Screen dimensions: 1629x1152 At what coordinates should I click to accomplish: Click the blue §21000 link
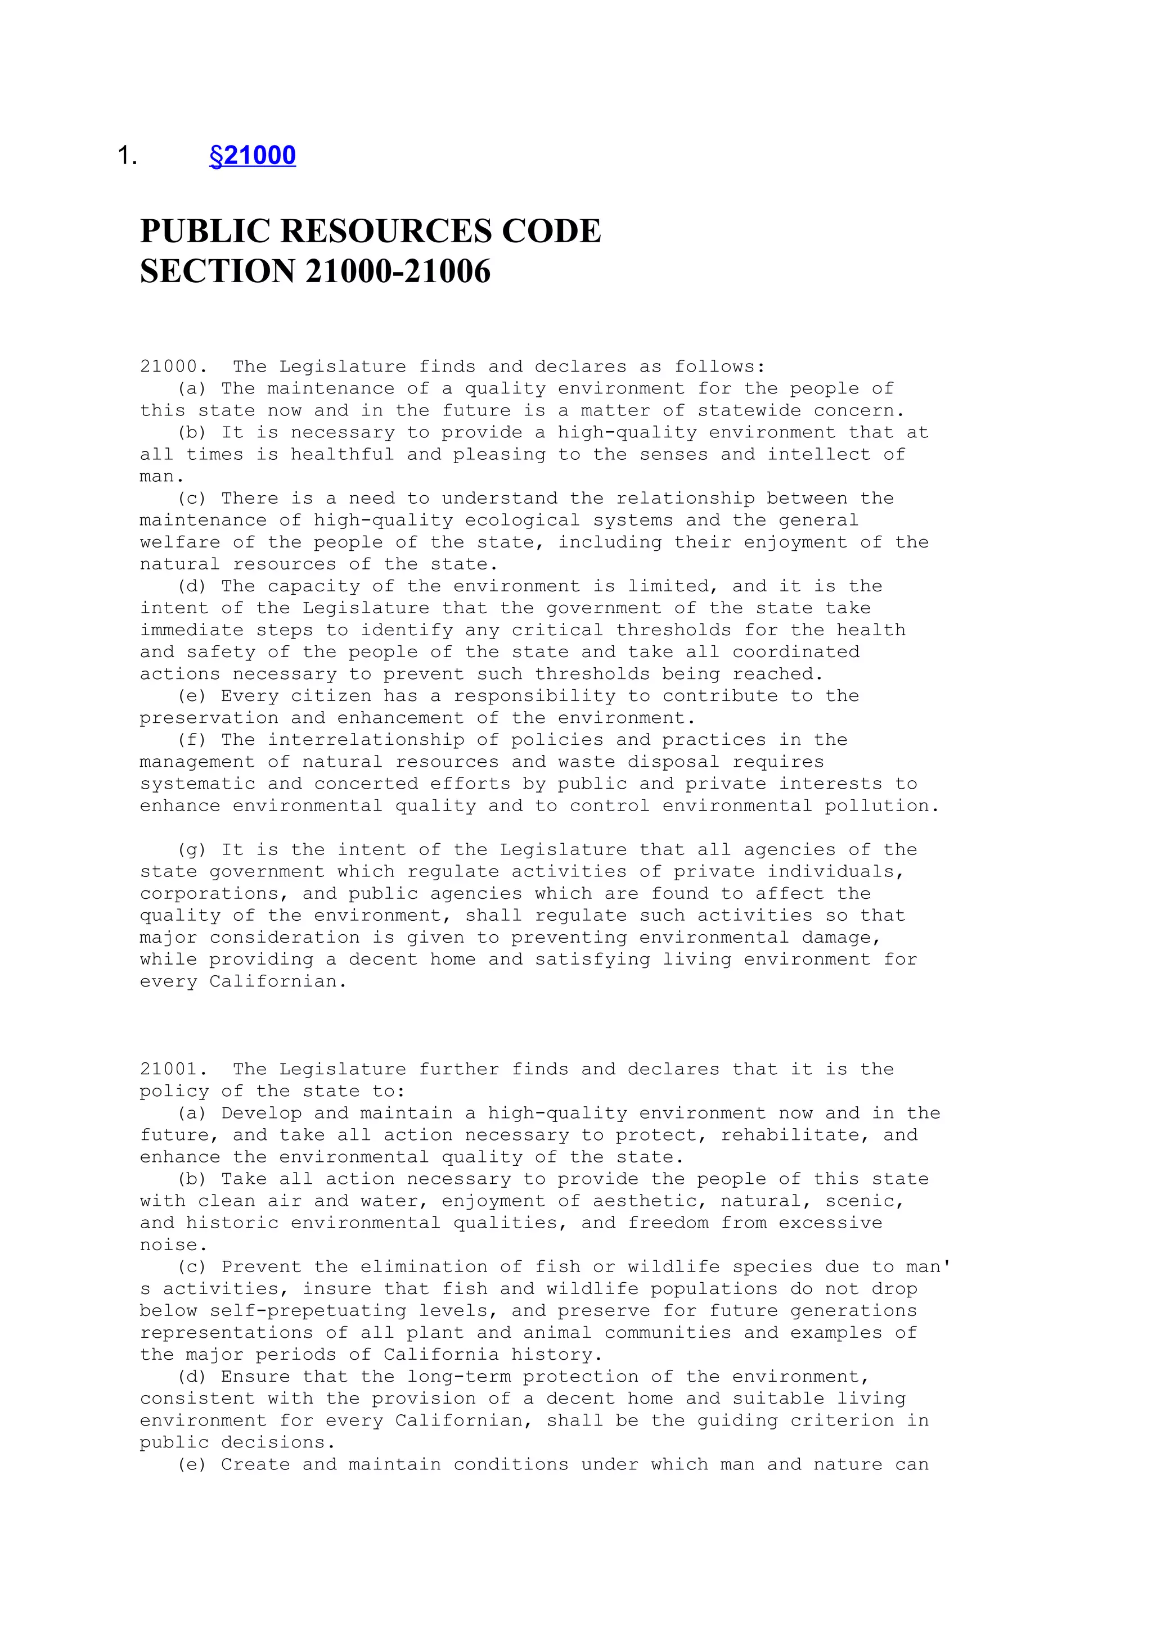click(253, 155)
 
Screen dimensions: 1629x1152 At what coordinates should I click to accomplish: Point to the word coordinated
click(796, 652)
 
